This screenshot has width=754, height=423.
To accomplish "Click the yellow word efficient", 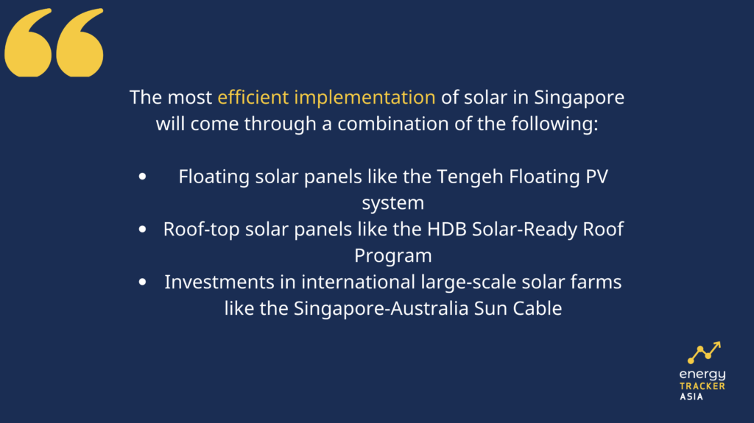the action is click(253, 97).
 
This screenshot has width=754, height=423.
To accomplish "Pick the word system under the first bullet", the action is click(393, 204).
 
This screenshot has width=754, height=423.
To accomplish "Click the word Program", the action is click(393, 257).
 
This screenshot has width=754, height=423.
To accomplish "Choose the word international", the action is click(359, 282).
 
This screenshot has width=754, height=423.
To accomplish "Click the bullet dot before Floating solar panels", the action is click(142, 177).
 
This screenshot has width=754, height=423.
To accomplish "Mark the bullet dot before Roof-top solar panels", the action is click(142, 230).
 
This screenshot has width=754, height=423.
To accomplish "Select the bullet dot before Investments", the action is click(142, 282).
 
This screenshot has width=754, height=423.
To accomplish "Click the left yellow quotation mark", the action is click(28, 43).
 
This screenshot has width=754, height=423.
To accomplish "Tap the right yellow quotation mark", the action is click(80, 43).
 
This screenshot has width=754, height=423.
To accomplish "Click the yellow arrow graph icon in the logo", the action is click(704, 352).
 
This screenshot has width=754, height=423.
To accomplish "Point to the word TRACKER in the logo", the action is click(702, 386).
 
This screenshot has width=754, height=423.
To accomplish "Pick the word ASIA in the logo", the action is click(691, 397).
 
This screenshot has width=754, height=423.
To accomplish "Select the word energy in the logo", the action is click(702, 374).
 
